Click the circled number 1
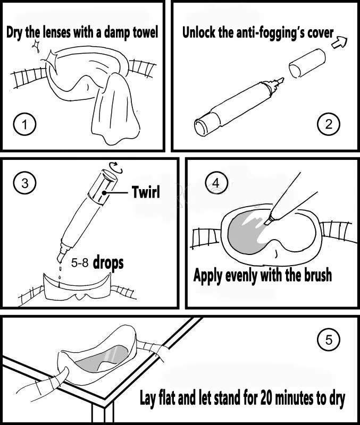pos(24,125)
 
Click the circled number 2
pos(329,124)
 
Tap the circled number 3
pos(24,183)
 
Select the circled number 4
pos(216,183)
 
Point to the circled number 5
pos(329,339)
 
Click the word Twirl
pos(146,192)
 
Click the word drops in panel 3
pos(108,263)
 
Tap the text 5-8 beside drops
pos(80,262)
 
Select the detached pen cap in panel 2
pos(307,63)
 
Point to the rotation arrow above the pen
pos(115,167)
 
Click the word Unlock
pos(199,32)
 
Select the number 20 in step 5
pos(267,398)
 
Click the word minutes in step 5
pos(294,398)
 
